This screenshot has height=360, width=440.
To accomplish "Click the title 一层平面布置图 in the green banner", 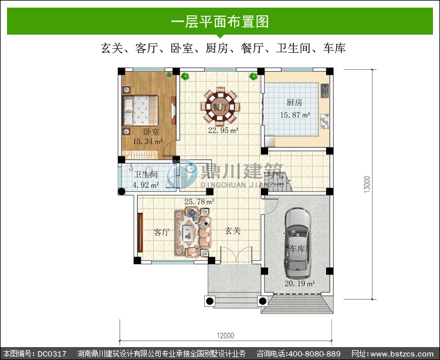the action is [x=220, y=22].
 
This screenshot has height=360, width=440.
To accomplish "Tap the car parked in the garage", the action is [x=297, y=243].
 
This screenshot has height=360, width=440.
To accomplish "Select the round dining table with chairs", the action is [x=220, y=107].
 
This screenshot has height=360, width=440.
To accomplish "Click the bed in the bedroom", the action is [x=140, y=110].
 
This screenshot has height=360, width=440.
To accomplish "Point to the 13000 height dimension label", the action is [x=367, y=184].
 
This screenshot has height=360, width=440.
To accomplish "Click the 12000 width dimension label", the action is [x=226, y=335].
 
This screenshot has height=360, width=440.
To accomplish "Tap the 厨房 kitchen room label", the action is [x=295, y=102].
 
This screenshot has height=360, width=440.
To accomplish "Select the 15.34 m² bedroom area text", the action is [x=148, y=142].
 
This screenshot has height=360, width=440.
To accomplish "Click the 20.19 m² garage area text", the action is [x=300, y=283].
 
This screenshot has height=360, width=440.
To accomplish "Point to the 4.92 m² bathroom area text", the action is [x=145, y=185].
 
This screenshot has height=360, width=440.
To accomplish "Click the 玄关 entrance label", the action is [x=233, y=231].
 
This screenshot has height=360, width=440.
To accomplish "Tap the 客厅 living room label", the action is [x=162, y=232].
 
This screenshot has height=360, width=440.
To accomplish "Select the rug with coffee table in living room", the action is [x=188, y=233].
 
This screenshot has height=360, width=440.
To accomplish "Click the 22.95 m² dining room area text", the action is [x=223, y=130].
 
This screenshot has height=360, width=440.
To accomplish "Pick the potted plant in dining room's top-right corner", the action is [x=253, y=76].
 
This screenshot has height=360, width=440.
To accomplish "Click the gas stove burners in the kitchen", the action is [x=324, y=90].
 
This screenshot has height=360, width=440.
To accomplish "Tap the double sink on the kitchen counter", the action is [x=324, y=121].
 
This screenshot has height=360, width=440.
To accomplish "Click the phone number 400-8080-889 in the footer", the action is [x=314, y=354].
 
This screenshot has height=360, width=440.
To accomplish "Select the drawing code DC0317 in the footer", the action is [x=52, y=354].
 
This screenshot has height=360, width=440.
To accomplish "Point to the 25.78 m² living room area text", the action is [x=199, y=201].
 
